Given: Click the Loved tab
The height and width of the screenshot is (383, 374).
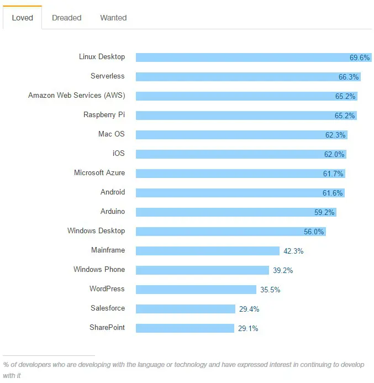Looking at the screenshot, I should coord(22,18).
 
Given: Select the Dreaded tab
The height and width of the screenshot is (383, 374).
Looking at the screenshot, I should coord(66,18).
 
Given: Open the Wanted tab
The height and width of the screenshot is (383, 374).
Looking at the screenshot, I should coord(113,18).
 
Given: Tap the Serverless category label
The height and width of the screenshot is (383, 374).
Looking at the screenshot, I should coord(108,76).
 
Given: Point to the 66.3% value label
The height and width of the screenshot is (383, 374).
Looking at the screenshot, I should coord(349,77).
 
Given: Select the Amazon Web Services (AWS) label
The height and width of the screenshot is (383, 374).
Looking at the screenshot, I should coord(77,95).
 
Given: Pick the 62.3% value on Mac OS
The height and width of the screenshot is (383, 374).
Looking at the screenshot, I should coord(335,135).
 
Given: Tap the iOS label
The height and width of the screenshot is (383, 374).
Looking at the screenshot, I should coord(118,153).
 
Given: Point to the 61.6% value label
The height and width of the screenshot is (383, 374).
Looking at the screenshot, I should coord(333,193).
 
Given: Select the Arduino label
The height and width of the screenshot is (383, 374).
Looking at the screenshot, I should coord(112,211).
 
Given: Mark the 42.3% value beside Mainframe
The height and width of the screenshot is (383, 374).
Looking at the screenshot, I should coord(293,251).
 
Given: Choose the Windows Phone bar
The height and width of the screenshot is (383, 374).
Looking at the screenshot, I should coord(202,270).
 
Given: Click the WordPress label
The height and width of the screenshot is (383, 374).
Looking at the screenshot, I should coord(107,288).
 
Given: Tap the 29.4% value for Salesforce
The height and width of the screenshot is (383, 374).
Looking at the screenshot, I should coord(249,309).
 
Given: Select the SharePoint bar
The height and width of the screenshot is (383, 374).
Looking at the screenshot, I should coord(185,328).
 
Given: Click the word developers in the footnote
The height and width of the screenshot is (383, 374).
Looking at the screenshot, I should coord(30,365).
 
